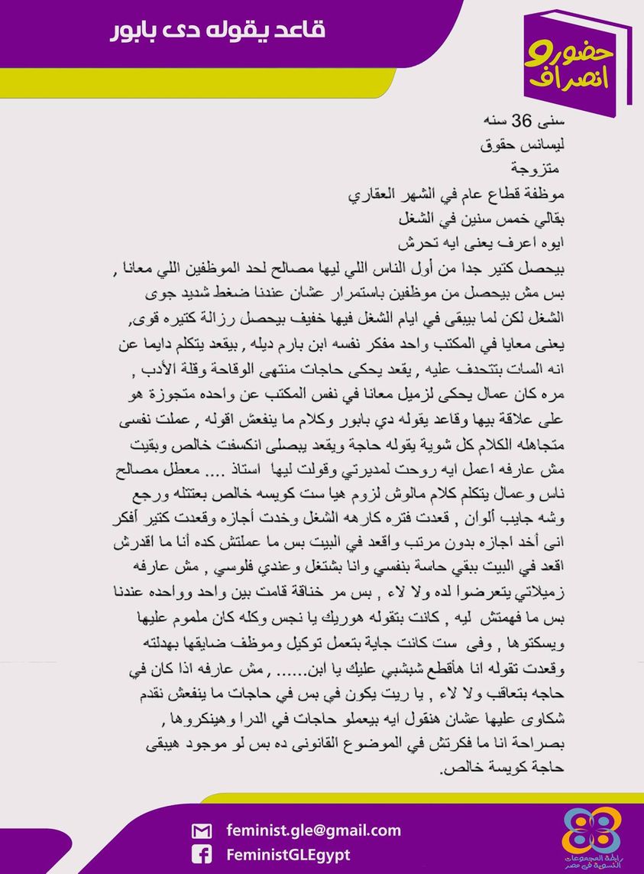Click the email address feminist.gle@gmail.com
coord(314,830)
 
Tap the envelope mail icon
coord(202,831)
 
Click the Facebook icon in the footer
coord(202,855)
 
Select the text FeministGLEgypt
coord(289,855)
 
